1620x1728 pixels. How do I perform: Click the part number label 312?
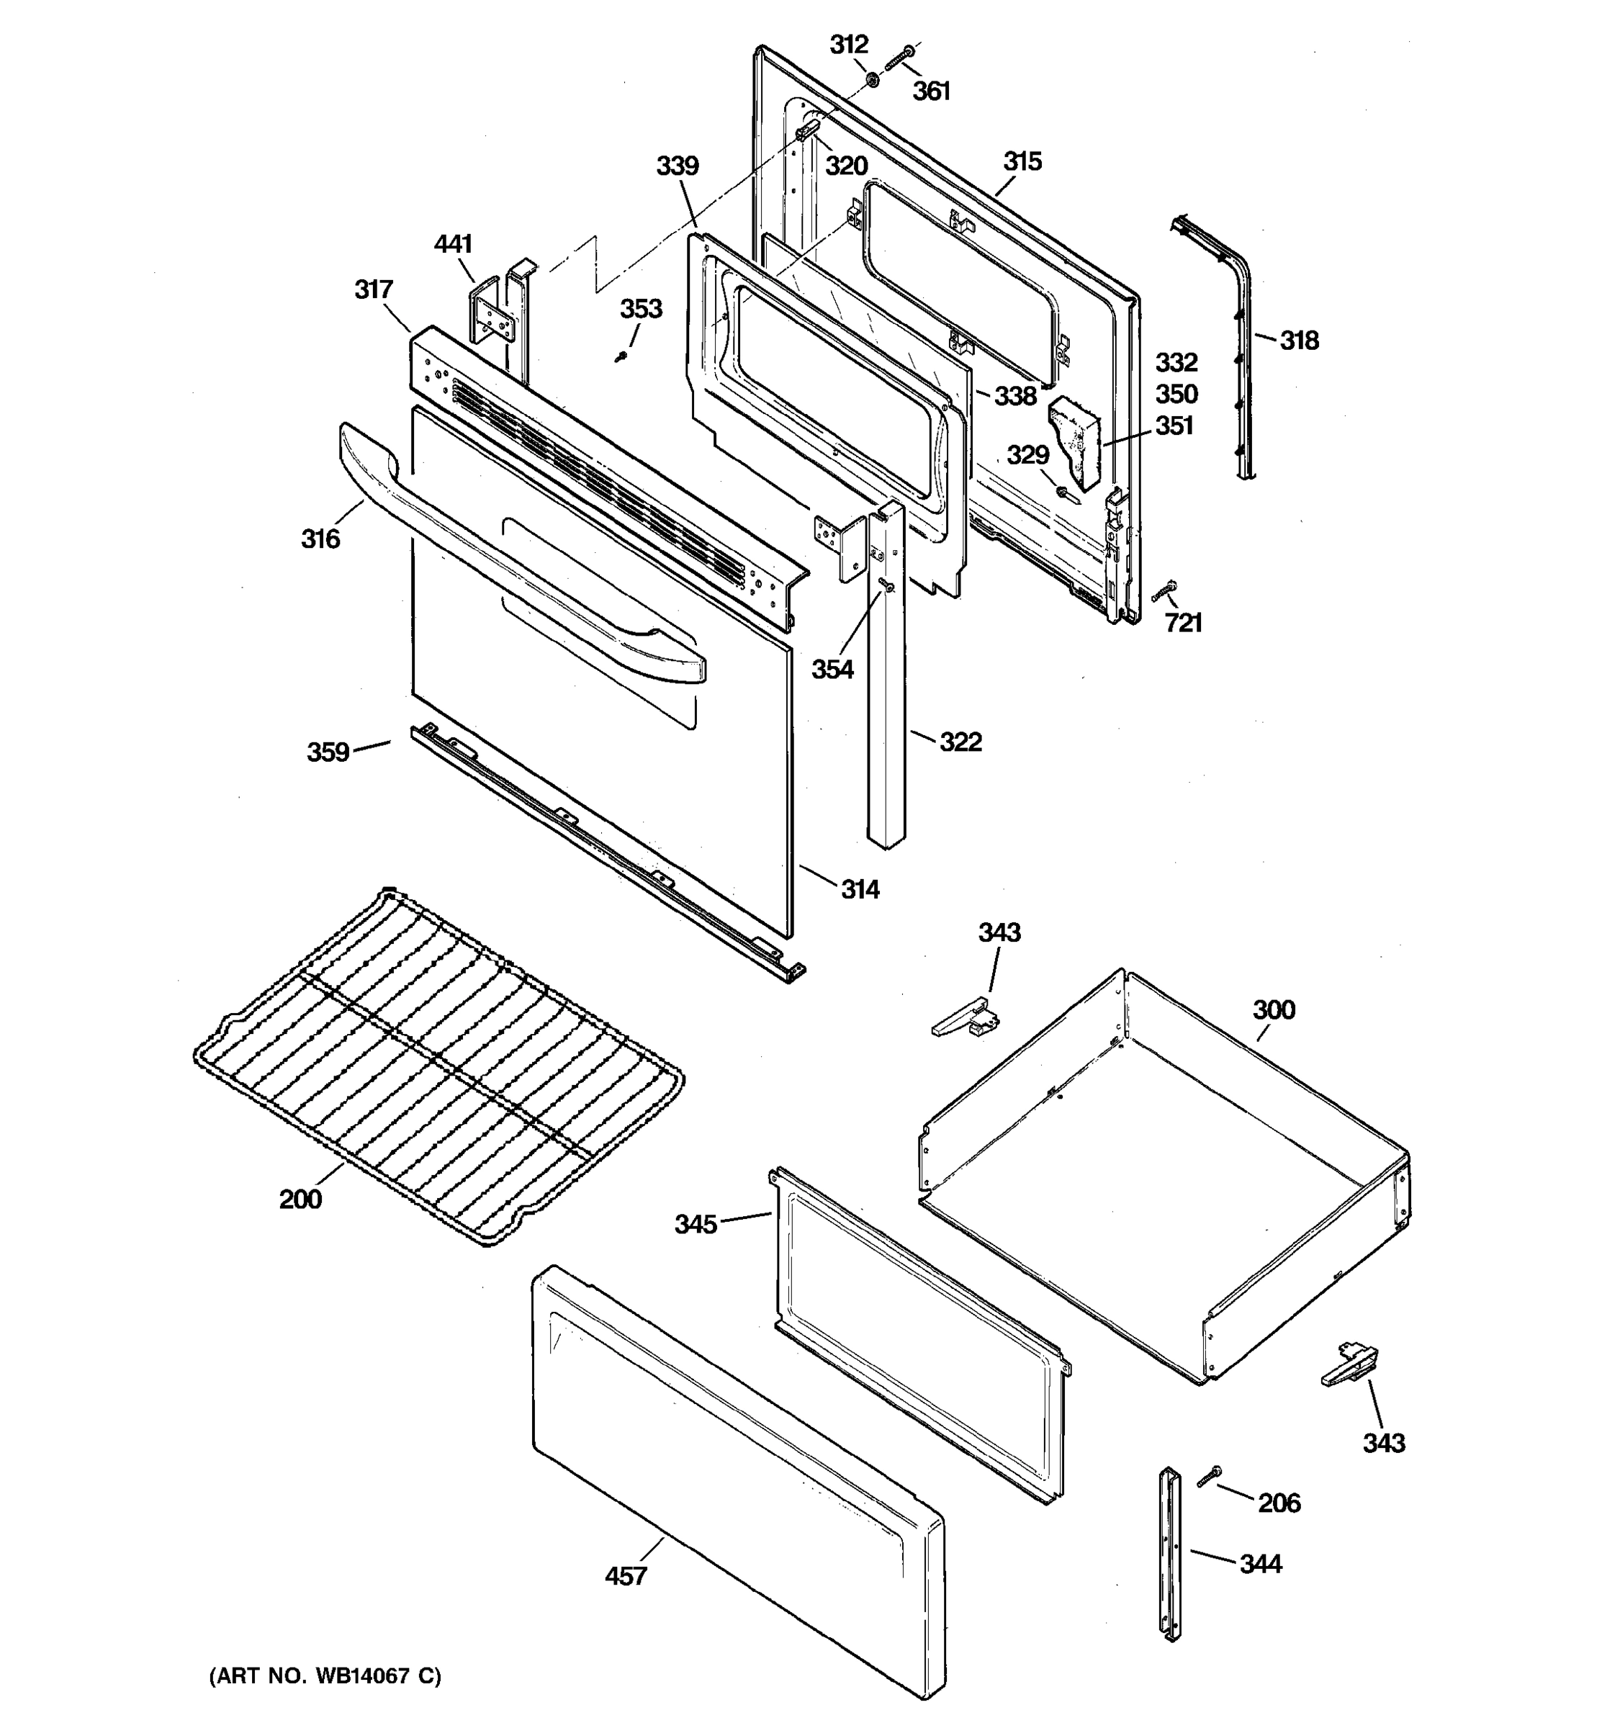[848, 45]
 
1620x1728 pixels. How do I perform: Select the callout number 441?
[453, 244]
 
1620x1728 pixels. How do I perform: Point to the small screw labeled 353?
[621, 356]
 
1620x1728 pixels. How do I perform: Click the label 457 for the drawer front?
[626, 1575]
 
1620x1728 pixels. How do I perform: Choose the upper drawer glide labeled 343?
[965, 1017]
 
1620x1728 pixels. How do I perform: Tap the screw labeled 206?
[1208, 1476]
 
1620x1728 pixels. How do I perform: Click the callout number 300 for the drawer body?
[1273, 1010]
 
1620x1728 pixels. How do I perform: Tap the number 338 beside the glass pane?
[1015, 397]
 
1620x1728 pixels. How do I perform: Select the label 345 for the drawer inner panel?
[696, 1224]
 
